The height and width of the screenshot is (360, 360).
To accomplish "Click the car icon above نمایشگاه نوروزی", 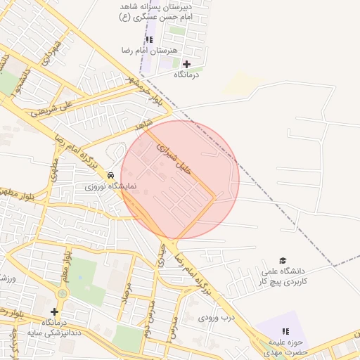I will click(110, 174).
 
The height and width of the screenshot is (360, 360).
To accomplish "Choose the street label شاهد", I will click(145, 124).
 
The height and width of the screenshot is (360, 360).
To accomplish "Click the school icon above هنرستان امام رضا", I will click(149, 39).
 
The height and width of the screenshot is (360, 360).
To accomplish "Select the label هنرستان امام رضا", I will click(160, 51).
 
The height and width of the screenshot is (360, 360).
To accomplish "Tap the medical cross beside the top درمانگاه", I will click(186, 64).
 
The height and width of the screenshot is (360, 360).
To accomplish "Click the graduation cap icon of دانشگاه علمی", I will click(283, 261).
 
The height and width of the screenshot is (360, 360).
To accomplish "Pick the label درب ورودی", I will click(212, 318).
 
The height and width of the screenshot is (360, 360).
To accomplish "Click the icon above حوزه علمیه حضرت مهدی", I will click(285, 330).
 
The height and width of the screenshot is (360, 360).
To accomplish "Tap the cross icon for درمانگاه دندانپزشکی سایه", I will click(54, 311).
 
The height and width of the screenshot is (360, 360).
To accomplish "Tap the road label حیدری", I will click(162, 254).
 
